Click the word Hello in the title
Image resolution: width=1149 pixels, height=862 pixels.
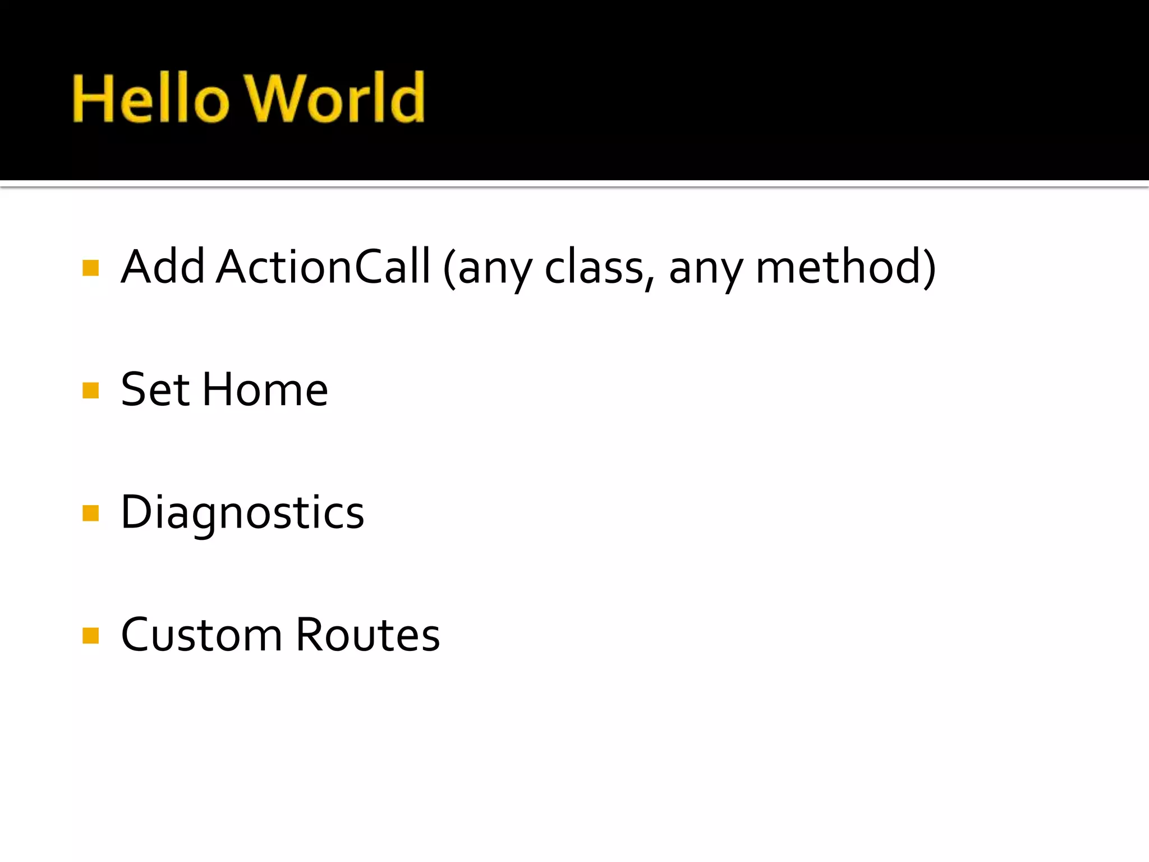point(150,99)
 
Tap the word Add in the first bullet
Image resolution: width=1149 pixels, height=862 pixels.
point(163,267)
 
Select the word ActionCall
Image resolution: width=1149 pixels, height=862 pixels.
point(323,267)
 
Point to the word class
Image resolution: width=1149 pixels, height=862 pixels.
point(594,268)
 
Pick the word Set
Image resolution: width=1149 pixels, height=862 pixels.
point(155,390)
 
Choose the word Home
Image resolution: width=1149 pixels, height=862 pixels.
point(265,390)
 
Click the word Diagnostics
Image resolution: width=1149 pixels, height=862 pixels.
point(242,513)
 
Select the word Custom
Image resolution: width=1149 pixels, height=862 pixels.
point(201,635)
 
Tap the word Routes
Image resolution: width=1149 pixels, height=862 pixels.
point(367,635)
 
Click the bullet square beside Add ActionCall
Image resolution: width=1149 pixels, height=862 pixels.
point(90,268)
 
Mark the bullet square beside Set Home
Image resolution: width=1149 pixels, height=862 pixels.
point(90,391)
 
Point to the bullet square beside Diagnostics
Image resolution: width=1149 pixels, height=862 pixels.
point(90,513)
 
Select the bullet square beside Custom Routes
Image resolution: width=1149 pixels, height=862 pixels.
point(90,636)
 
